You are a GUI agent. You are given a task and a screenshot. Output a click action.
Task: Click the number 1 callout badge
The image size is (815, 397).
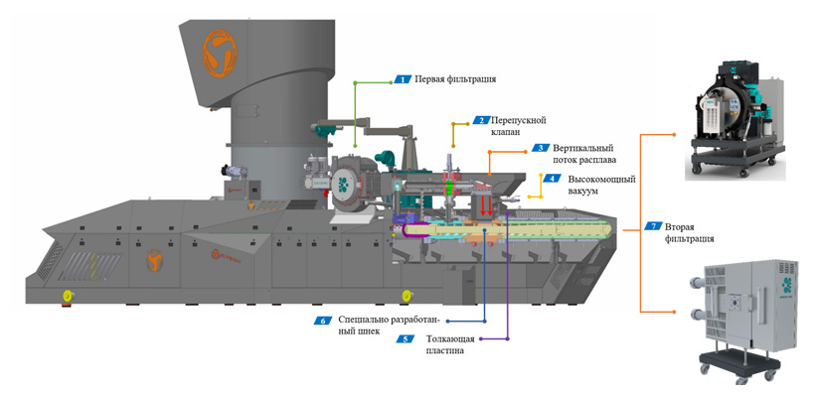pyautogui.click(x=403, y=78)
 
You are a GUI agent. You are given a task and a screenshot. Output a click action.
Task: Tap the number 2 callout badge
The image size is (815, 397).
pyautogui.click(x=480, y=120)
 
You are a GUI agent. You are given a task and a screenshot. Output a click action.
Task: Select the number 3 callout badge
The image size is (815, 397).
pyautogui.click(x=541, y=147)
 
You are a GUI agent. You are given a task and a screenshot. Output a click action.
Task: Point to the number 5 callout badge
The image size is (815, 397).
pyautogui.click(x=405, y=338)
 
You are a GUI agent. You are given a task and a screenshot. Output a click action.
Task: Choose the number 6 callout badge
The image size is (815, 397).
pyautogui.click(x=322, y=321)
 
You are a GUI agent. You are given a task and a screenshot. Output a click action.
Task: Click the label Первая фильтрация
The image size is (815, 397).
pyautogui.click(x=454, y=78)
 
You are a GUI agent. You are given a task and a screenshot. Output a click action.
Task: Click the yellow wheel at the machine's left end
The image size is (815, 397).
pyautogui.click(x=69, y=295)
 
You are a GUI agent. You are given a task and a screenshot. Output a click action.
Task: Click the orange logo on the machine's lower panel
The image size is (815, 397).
pyautogui.click(x=154, y=260)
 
